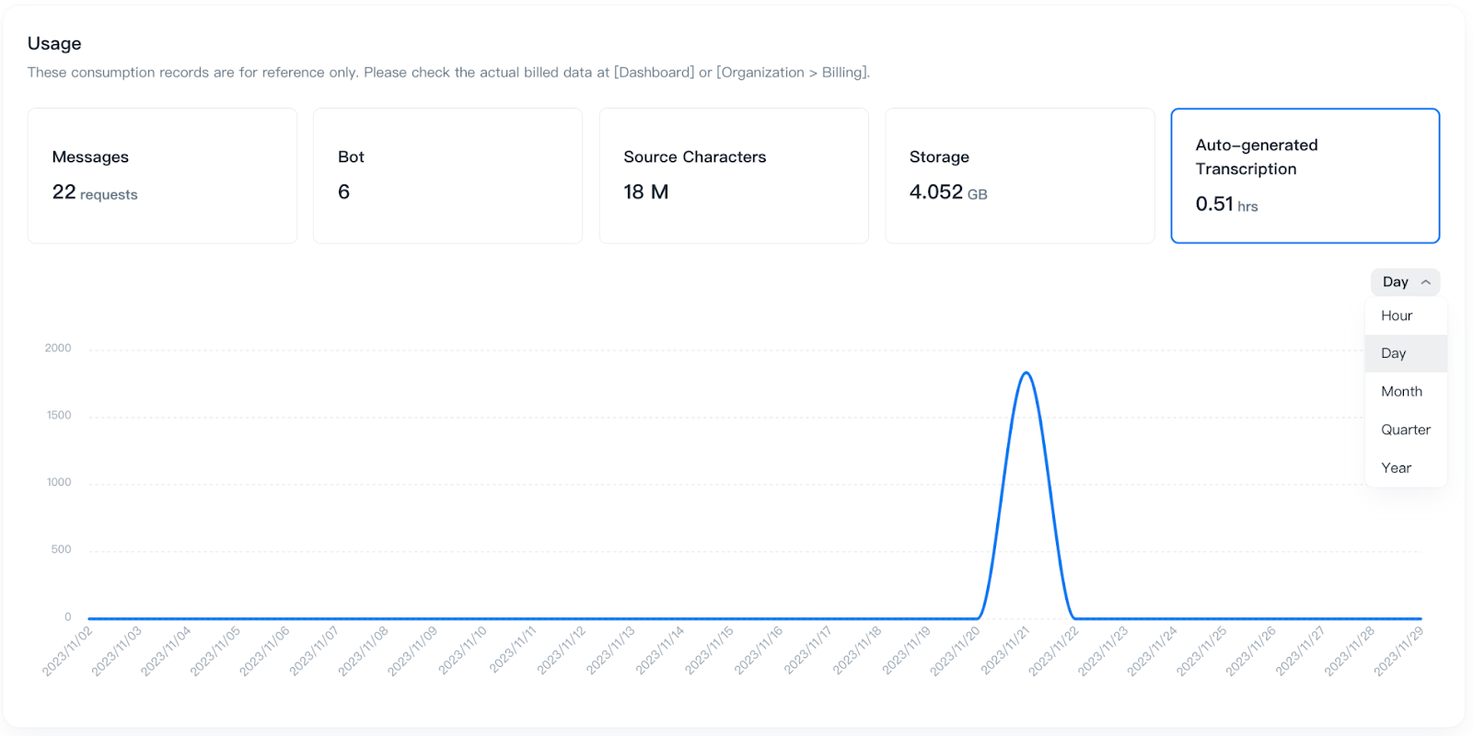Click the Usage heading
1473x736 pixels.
[x=54, y=43]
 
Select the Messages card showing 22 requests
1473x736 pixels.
[x=162, y=176]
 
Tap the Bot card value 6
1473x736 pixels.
[x=343, y=192]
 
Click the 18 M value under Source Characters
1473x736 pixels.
[x=645, y=192]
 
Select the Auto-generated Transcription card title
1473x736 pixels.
[x=1256, y=156]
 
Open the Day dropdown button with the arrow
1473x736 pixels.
[x=1405, y=282]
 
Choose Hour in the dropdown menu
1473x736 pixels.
[x=1397, y=316]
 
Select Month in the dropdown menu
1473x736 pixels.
[x=1401, y=391]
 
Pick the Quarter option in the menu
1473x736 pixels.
[x=1405, y=430]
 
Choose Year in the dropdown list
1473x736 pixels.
[x=1396, y=467]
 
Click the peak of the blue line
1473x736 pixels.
[x=1026, y=373]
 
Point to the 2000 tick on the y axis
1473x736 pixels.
[x=58, y=348]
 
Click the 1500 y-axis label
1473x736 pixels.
[x=59, y=415]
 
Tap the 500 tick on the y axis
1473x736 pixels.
[x=61, y=549]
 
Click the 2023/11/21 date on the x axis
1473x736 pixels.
[x=1005, y=650]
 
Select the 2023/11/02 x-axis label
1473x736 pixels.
[x=68, y=650]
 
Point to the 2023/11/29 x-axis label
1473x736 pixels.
[x=1398, y=650]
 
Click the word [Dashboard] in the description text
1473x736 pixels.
[x=654, y=72]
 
